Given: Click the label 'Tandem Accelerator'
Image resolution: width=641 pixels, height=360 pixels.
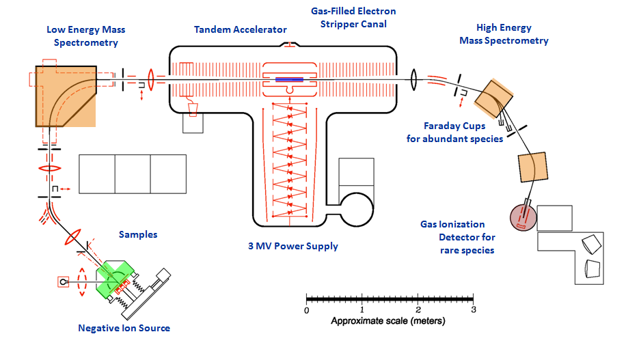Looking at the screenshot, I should pos(241,29).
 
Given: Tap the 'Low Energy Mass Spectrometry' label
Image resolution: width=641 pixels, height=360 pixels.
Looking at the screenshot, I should pos(86,36).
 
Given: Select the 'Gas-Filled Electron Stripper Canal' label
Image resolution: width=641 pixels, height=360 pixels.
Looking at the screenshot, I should pos(349,18).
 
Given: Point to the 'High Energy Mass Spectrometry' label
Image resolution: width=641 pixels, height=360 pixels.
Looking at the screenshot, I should pos(513,34).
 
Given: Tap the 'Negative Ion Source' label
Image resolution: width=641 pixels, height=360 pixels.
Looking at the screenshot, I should pos(124,328).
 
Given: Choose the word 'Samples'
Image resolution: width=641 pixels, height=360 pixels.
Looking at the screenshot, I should pos(138,234).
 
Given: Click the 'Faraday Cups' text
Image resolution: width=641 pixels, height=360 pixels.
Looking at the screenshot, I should pos(454,126).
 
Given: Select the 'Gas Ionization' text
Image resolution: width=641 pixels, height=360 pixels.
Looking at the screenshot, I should pos(452,224).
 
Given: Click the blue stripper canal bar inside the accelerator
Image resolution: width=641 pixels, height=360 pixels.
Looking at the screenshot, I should pos(290,80).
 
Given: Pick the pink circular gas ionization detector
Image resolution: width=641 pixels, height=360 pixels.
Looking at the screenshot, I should pos(523,217).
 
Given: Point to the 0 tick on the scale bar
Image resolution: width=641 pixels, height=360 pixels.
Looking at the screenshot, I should pos(307,299).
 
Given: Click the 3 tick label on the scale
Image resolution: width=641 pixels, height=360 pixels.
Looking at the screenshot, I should pos(473,310).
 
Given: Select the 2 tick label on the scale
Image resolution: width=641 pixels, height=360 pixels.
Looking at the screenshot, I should pos(418,310).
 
